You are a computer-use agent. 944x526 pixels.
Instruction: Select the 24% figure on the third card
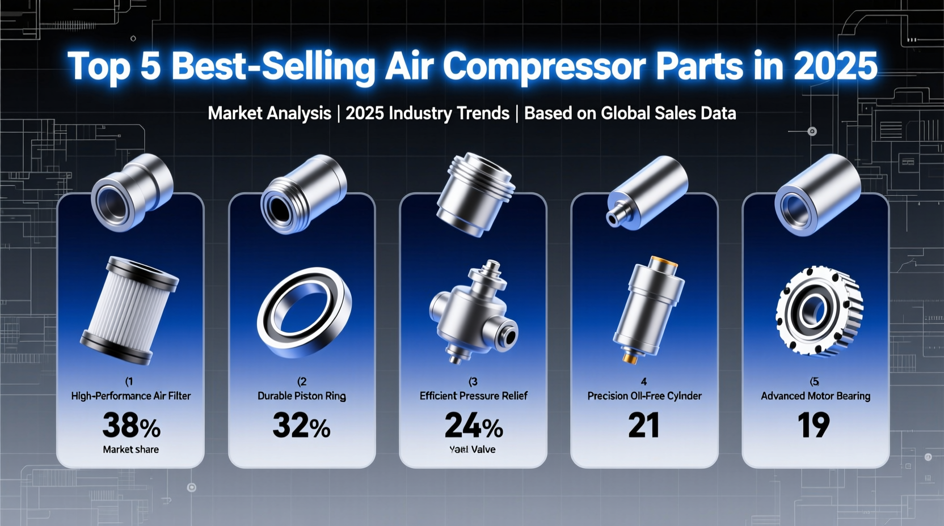473,426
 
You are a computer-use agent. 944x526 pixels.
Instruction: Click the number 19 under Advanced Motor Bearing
814,425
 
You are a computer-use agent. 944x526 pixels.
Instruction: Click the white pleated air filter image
130,308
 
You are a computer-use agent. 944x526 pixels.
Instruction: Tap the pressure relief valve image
474,312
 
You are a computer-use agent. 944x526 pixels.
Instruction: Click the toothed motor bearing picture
819,309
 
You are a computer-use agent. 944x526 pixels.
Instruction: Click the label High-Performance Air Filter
131,396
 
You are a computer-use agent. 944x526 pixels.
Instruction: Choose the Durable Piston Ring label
302,396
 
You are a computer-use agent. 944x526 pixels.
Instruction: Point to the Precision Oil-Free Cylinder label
644,396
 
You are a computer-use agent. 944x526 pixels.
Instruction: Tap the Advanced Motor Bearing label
815,396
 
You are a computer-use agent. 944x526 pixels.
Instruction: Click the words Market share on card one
131,449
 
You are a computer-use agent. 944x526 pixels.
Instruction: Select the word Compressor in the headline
544,66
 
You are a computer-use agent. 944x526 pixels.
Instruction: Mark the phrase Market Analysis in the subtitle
269,113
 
